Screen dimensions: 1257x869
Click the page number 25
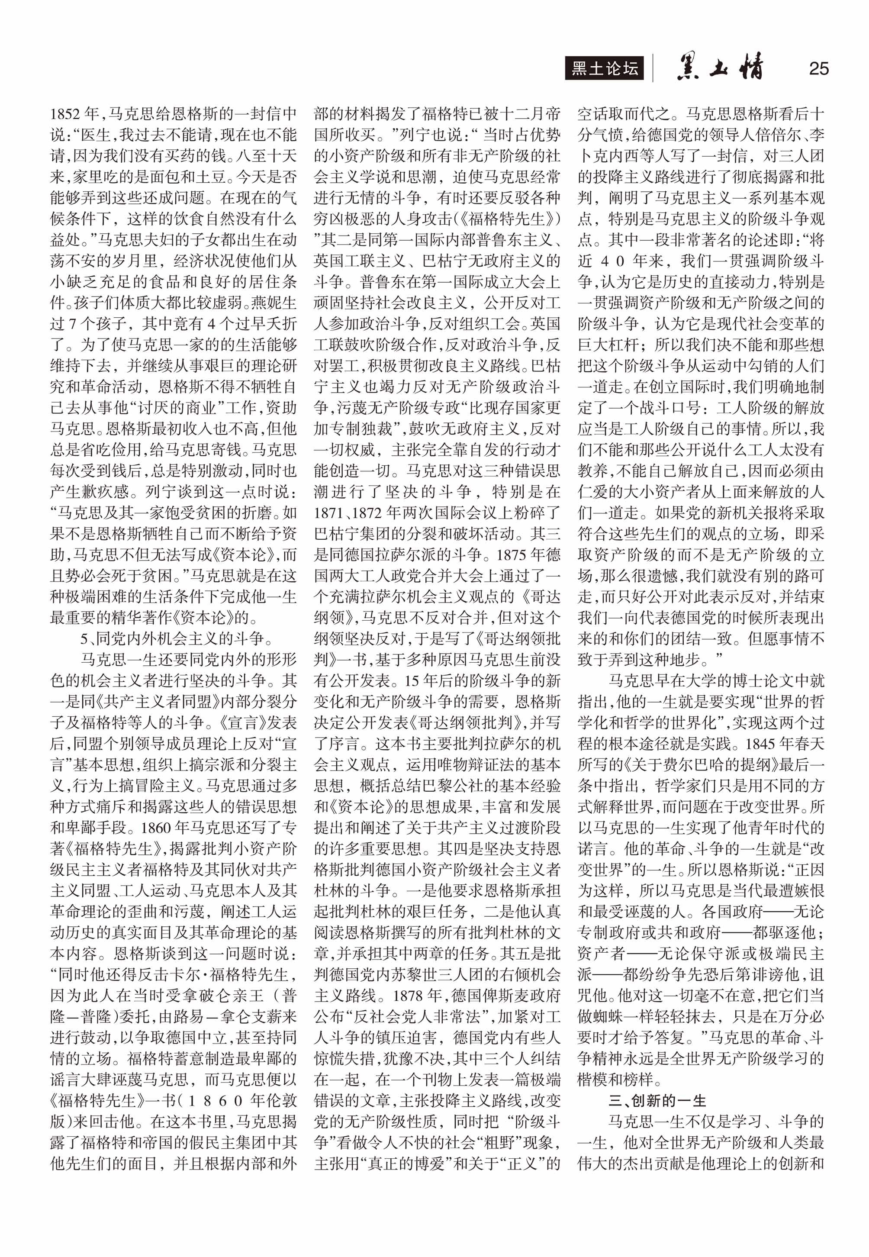click(818, 69)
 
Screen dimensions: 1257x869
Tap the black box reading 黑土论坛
click(605, 69)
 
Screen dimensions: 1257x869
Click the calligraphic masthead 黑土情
click(719, 68)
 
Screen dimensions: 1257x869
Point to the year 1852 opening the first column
click(66, 114)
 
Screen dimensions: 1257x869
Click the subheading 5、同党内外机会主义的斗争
click(177, 638)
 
